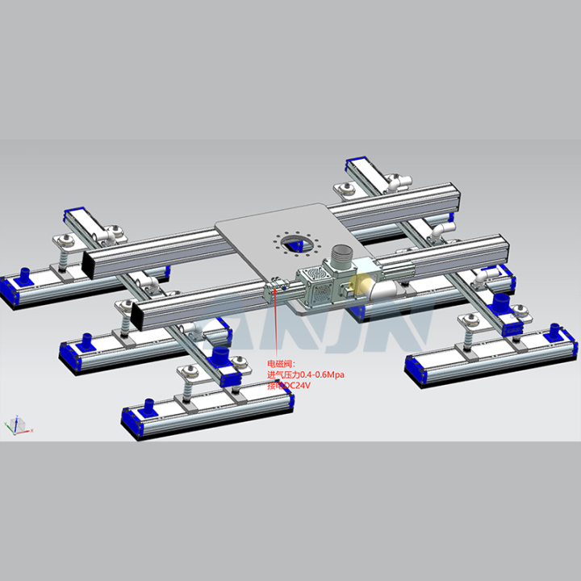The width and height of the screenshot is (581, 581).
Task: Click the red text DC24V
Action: tap(295, 386)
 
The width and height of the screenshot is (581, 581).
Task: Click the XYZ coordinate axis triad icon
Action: tap(16, 424)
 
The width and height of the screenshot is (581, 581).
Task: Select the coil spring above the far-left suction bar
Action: tap(61, 257)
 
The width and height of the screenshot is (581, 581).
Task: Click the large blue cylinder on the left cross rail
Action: tap(218, 357)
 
